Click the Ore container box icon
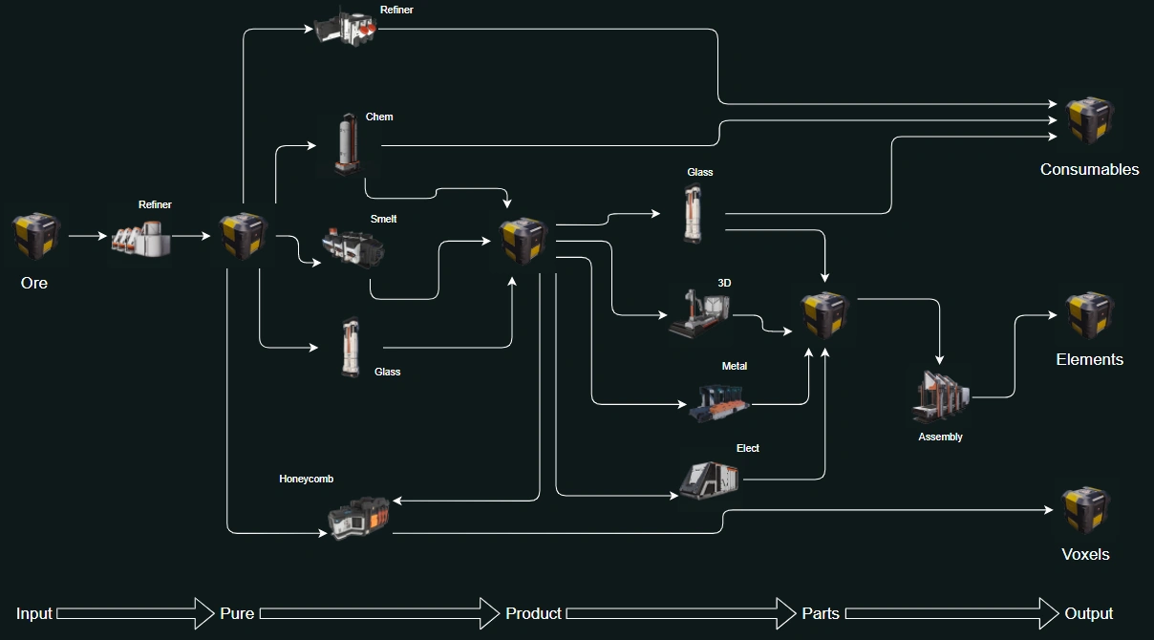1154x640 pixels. click(36, 236)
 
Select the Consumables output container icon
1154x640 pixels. click(1090, 119)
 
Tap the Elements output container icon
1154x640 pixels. click(1090, 315)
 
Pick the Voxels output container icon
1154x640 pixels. click(1085, 510)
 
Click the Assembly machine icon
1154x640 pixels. click(941, 395)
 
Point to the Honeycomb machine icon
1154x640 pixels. click(358, 517)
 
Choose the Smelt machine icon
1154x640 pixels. click(353, 248)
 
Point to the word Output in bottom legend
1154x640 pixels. click(1089, 613)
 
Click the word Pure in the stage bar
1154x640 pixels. click(237, 613)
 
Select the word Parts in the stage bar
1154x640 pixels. click(821, 613)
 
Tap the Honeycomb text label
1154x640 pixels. click(306, 479)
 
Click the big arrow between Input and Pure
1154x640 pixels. click(135, 613)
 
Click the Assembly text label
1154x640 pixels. click(940, 437)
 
